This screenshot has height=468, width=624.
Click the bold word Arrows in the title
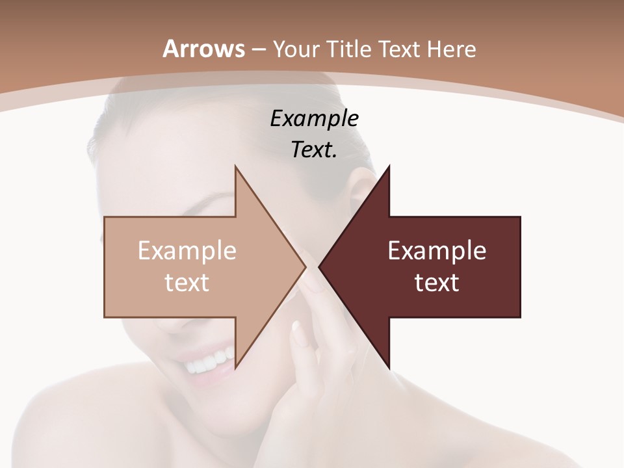coord(203,49)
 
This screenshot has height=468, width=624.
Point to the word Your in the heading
coord(294,49)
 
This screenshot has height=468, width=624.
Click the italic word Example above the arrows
coord(315,119)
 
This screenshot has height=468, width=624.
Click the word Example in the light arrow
coord(187,251)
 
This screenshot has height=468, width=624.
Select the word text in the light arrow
coord(187,283)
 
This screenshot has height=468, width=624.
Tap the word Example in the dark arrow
coord(437,251)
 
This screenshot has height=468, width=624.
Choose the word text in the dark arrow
coord(437,283)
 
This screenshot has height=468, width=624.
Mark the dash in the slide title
coord(258,49)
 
